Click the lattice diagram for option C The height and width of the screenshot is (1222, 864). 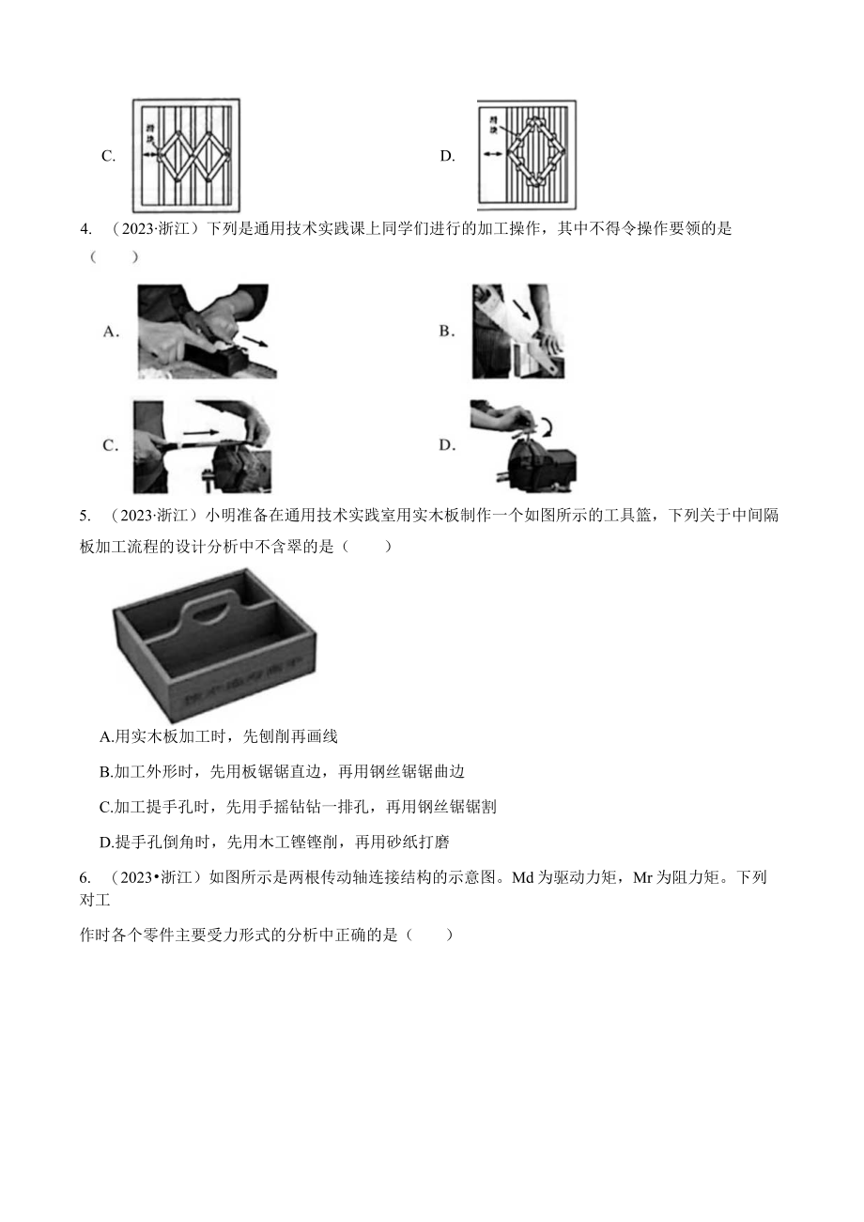[x=186, y=156]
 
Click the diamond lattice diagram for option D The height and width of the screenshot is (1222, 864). [x=526, y=155]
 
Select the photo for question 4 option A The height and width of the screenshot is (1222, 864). [x=203, y=332]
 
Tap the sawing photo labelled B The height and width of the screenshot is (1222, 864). [x=517, y=332]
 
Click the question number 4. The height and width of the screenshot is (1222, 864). [x=85, y=228]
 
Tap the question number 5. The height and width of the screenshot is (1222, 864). [x=85, y=515]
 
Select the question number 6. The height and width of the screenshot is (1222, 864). [x=85, y=877]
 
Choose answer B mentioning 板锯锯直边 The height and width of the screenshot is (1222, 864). [x=282, y=771]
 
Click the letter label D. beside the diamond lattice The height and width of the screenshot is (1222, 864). [x=447, y=157]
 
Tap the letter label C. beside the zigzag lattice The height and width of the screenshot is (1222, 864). [x=108, y=157]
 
